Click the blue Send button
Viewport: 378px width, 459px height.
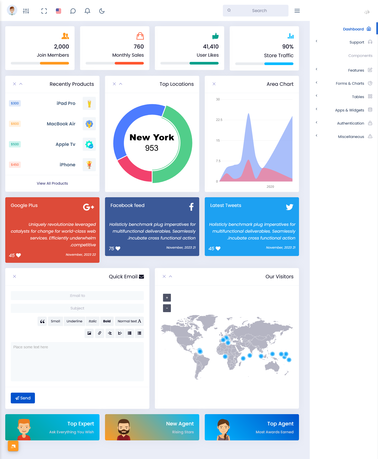[23, 398]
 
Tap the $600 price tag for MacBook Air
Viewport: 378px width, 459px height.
[15, 124]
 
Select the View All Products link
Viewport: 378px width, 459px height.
[52, 183]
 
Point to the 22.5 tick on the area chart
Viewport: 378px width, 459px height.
[219, 120]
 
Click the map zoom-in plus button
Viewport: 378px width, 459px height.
[167, 298]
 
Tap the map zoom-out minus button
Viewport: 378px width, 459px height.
[167, 308]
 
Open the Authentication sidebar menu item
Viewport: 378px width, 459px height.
[350, 123]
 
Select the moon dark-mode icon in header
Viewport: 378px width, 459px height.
[102, 11]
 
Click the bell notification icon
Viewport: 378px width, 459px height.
[87, 11]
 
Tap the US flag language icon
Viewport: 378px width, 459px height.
[59, 11]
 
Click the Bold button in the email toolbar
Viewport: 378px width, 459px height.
[107, 321]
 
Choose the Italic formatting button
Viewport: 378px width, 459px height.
[93, 321]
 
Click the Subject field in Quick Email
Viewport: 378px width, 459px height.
[77, 308]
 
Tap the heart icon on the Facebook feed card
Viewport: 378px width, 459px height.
[118, 248]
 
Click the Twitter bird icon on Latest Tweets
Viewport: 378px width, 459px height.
[290, 207]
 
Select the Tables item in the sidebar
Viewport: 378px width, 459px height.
[358, 97]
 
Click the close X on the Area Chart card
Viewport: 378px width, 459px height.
[214, 84]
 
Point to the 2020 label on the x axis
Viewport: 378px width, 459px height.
[270, 187]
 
